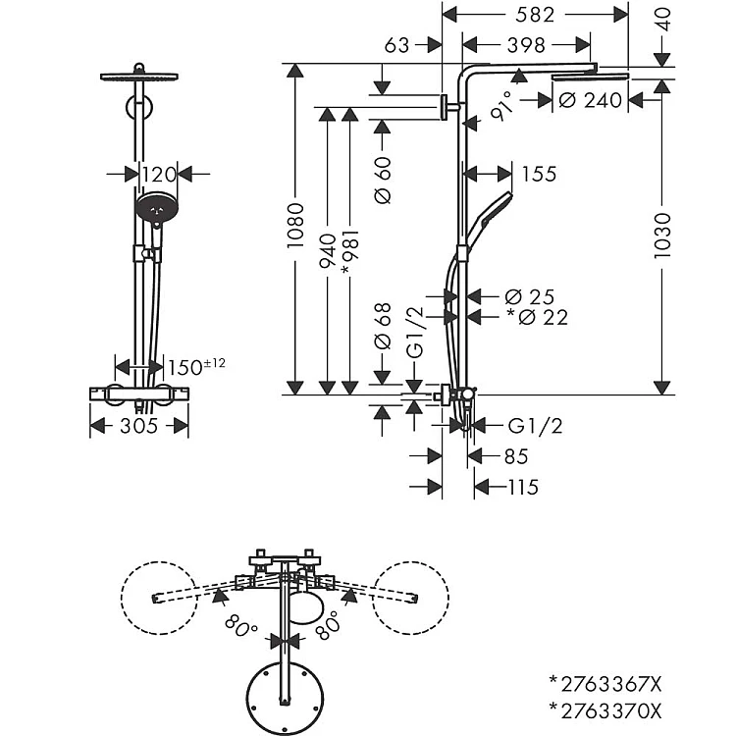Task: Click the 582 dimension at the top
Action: (x=535, y=15)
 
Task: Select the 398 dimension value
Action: (x=526, y=45)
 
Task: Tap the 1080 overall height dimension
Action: (x=295, y=226)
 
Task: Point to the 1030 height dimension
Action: (x=662, y=236)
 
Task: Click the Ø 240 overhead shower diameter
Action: (x=591, y=100)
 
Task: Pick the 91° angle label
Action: (x=500, y=107)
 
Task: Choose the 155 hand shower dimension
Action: (x=540, y=174)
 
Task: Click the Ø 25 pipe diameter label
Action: (x=530, y=297)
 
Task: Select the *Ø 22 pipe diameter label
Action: (x=538, y=317)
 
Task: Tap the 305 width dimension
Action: (x=139, y=426)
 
